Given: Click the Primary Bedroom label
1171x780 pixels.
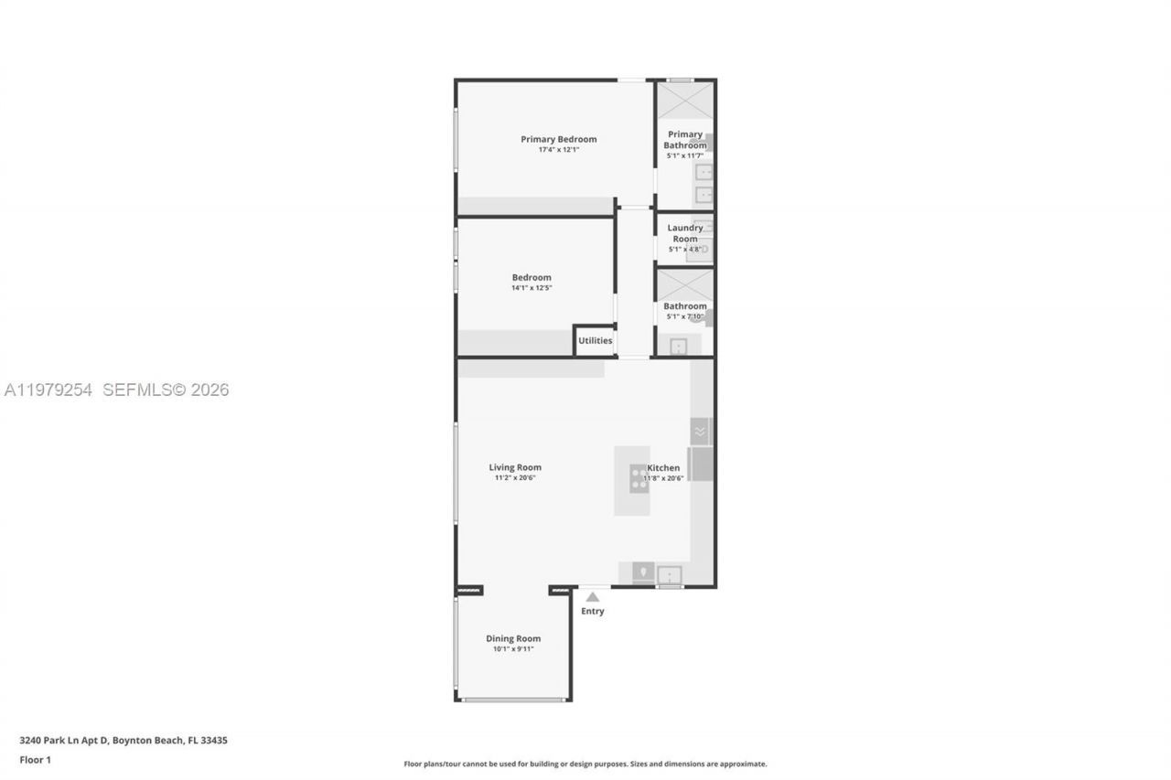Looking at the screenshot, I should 558,139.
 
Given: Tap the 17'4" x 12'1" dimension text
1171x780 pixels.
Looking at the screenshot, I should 558,150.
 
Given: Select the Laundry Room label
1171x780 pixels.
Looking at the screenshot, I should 685,233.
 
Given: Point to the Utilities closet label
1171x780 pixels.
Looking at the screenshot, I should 595,341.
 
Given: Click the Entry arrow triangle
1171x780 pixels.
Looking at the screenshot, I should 593,597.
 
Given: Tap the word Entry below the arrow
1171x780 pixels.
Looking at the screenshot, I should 593,612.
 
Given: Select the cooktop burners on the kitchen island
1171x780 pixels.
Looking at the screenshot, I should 639,478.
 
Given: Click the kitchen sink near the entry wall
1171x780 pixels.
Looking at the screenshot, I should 670,575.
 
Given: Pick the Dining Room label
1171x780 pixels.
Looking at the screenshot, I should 513,638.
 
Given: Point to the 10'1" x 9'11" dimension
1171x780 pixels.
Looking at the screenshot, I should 513,649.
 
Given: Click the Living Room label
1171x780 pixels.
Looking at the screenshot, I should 515,467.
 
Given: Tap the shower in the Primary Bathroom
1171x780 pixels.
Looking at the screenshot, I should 685,100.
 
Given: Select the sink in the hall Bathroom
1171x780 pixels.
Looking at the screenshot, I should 678,347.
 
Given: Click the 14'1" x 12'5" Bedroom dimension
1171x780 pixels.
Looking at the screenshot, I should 532,288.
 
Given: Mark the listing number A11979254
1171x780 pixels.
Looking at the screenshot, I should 48,390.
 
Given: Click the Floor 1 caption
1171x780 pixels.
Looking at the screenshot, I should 36,760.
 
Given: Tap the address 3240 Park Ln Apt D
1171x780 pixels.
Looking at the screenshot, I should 64,741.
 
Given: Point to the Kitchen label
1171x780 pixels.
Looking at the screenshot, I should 663,467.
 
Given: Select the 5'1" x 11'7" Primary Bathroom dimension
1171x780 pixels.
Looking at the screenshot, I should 685,155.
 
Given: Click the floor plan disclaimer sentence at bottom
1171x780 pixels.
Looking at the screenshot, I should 585,764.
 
